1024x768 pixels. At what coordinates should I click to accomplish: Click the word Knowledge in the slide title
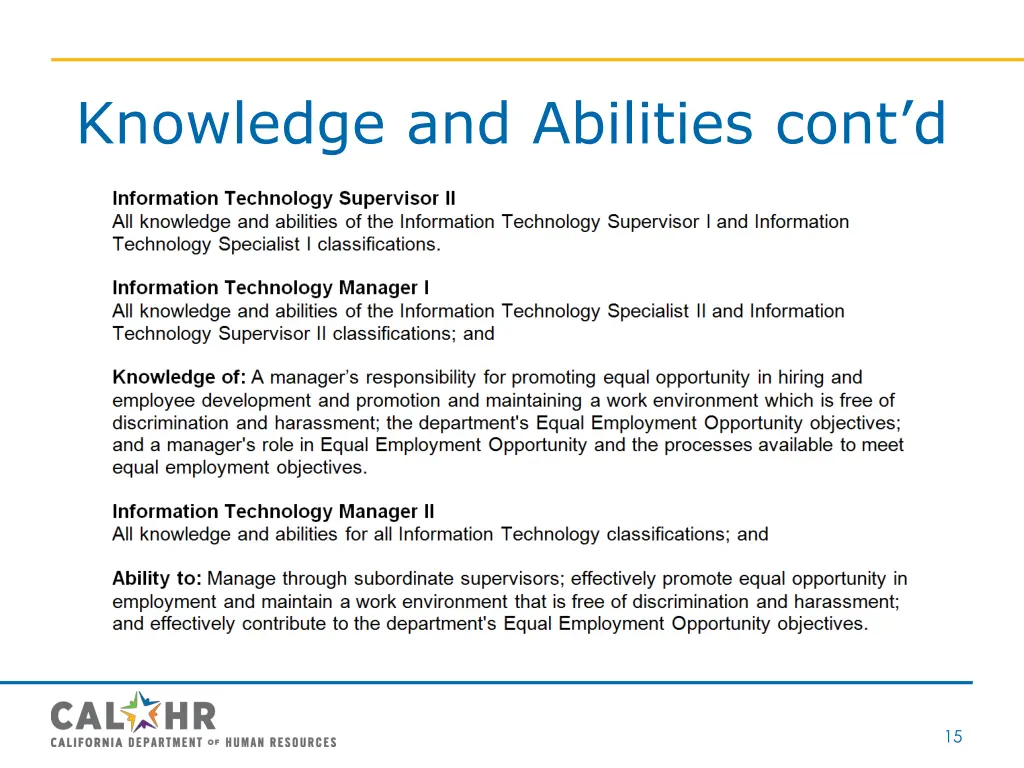231,124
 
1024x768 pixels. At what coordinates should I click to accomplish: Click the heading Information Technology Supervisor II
284,198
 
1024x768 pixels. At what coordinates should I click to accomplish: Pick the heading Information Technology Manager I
271,288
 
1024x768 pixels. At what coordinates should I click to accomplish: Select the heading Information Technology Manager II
273,512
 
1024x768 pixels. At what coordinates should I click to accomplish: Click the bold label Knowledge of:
179,378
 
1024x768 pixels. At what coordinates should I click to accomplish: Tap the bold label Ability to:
157,579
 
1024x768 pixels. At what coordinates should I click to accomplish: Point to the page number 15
953,737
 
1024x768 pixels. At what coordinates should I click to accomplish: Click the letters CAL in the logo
87,716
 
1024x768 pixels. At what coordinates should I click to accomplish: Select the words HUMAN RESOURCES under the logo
281,742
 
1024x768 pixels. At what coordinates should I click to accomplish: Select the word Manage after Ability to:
242,579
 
